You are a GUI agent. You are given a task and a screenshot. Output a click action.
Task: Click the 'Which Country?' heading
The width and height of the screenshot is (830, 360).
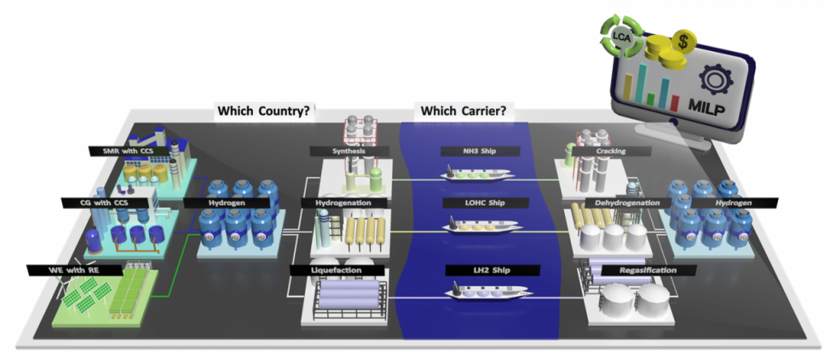click(263, 111)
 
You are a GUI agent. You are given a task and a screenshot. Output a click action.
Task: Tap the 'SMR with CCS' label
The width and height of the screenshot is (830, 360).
click(130, 150)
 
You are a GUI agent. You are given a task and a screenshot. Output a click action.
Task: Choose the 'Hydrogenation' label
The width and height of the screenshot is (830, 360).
click(347, 202)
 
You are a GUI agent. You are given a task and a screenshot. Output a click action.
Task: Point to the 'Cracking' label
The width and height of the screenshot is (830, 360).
click(610, 151)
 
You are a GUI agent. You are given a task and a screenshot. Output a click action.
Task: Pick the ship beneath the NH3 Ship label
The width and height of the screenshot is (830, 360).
click(477, 173)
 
